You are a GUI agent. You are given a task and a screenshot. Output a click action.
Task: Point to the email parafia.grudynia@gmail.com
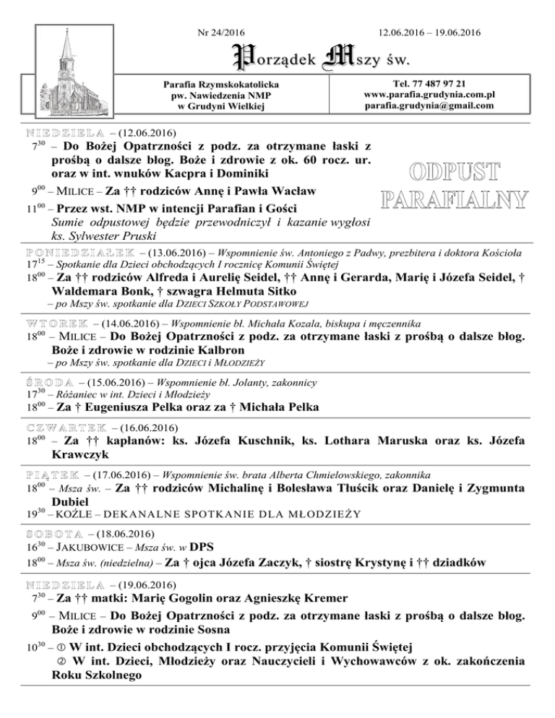tap(429, 105)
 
